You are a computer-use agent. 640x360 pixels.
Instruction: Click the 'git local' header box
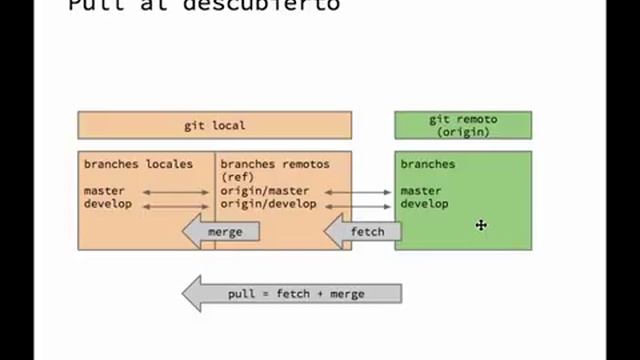tap(214, 125)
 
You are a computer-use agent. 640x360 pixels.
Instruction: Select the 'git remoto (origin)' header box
tap(463, 125)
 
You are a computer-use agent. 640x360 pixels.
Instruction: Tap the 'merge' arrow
tap(221, 232)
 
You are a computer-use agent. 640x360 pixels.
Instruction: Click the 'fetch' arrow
tap(363, 232)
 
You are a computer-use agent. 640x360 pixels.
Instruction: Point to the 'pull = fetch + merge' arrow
tap(292, 294)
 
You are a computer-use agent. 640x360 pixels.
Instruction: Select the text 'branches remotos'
tap(274, 164)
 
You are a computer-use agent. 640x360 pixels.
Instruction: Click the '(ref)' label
tap(238, 177)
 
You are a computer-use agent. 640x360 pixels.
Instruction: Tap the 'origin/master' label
tap(265, 191)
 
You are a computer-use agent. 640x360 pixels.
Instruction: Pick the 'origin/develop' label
tap(268, 204)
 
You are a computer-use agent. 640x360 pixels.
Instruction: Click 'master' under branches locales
tap(104, 191)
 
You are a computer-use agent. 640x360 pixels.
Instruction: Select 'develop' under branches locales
tap(107, 204)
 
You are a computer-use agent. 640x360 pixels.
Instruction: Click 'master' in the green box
tap(421, 191)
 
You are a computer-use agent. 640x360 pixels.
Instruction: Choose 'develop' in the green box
tap(424, 204)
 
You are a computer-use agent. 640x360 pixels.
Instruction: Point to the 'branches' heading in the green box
tap(428, 164)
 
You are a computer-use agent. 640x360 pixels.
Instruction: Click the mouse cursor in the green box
tap(481, 225)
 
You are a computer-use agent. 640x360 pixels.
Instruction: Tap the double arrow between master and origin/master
tap(176, 191)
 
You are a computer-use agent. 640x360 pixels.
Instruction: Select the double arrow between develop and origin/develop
tap(176, 205)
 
